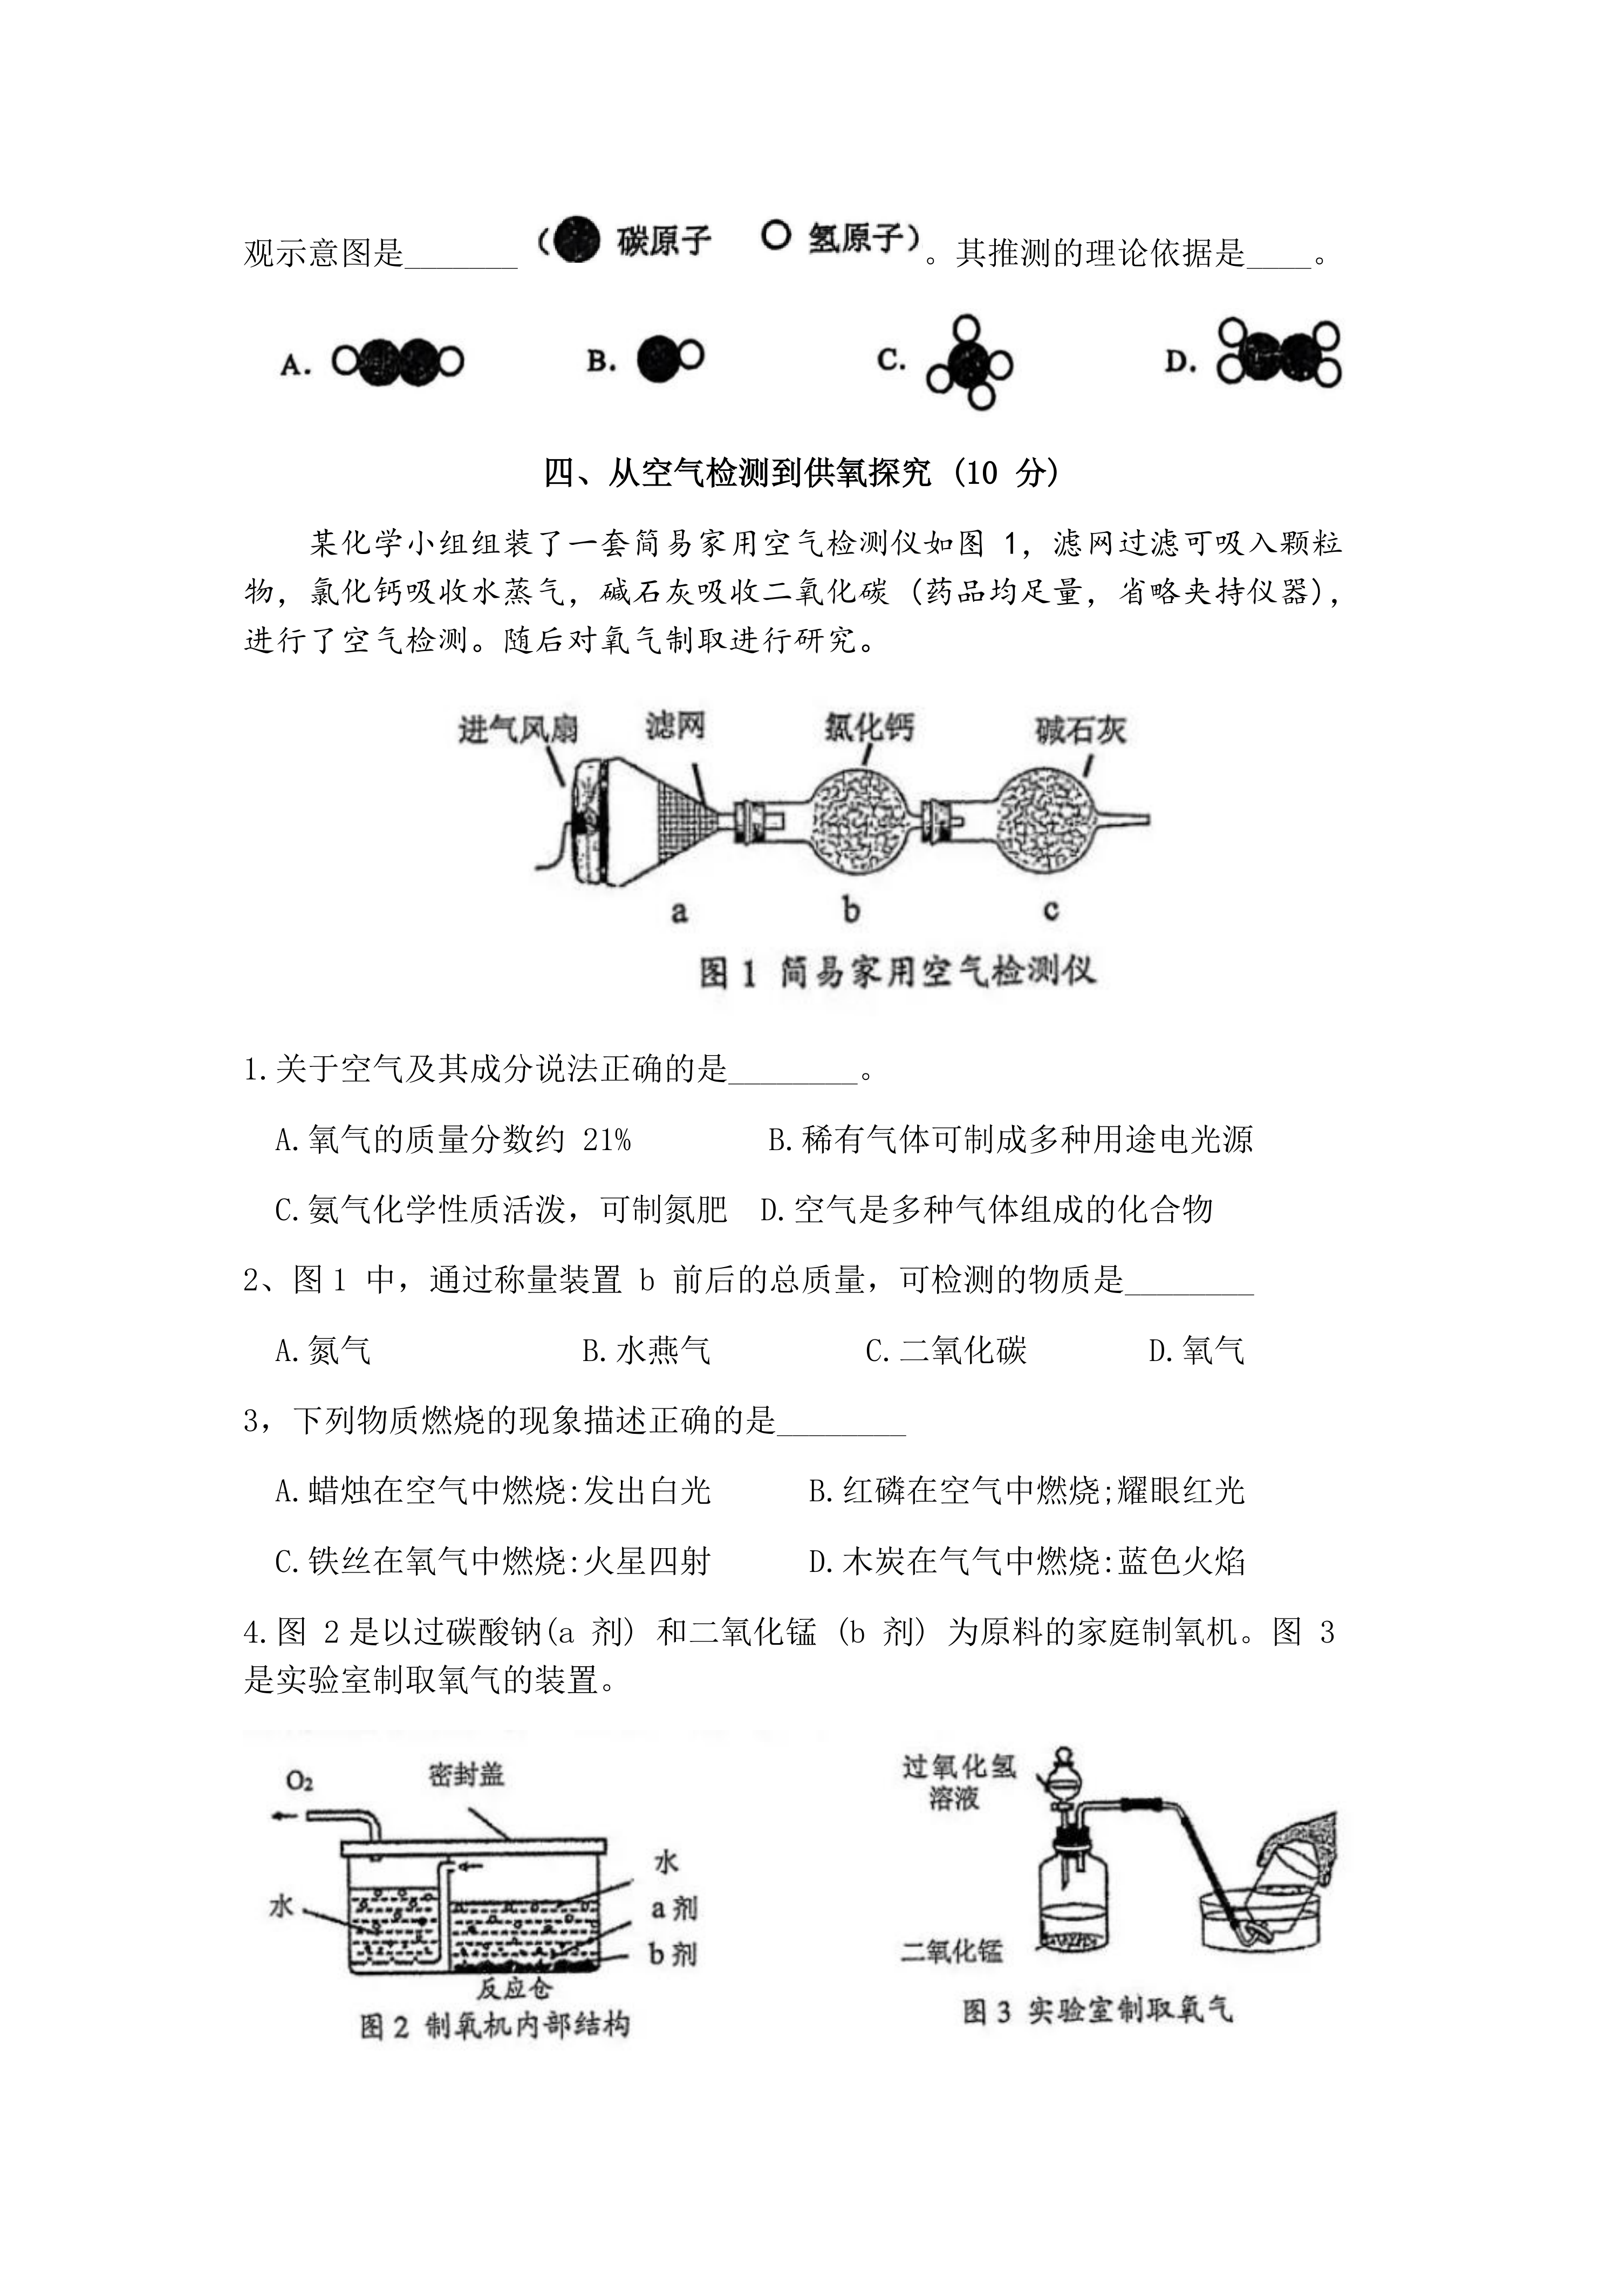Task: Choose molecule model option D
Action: [x=1279, y=353]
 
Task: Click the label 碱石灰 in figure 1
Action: [x=1080, y=731]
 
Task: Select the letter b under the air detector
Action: [x=850, y=909]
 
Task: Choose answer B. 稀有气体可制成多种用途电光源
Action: [x=1010, y=1139]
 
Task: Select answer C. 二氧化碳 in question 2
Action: [x=946, y=1350]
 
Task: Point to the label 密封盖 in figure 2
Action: [x=467, y=1775]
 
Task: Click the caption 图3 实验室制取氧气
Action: [x=1098, y=2011]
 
